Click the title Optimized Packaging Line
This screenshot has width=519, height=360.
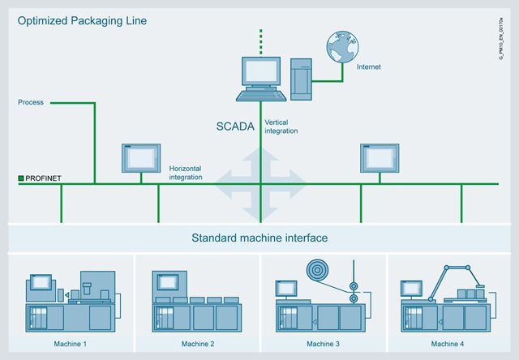tap(82, 21)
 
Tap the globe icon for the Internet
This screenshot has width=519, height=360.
tap(342, 47)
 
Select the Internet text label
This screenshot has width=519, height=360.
tap(369, 66)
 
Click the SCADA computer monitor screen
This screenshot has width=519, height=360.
tap(261, 71)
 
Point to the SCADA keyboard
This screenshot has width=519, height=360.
tap(261, 96)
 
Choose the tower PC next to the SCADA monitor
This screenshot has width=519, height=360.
tap(301, 79)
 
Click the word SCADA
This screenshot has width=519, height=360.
tap(235, 126)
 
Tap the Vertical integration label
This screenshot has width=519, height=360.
tap(281, 126)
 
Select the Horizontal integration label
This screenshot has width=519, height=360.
tap(186, 173)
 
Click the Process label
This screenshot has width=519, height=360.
tap(31, 102)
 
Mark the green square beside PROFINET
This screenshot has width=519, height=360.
tap(21, 178)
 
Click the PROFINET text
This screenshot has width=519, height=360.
tap(43, 178)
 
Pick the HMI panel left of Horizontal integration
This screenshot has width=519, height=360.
tap(141, 158)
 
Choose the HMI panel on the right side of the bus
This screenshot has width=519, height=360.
tap(380, 158)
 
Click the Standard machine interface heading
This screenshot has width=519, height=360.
tap(259, 238)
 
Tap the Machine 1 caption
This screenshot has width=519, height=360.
tap(71, 344)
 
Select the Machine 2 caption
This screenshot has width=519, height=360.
tap(198, 344)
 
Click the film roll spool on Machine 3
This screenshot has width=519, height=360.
tap(317, 270)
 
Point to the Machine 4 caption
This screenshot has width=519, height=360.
tap(447, 344)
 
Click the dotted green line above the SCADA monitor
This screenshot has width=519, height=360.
tap(261, 41)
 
